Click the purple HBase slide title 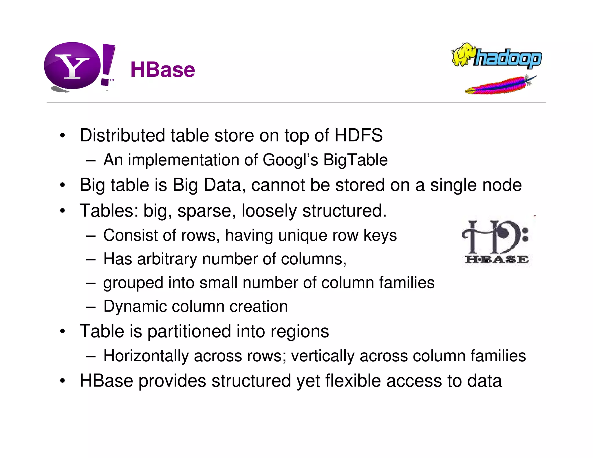pyautogui.click(x=163, y=70)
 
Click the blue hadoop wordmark pyautogui.click(x=507, y=58)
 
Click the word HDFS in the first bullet pyautogui.click(x=358, y=135)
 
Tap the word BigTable pyautogui.click(x=355, y=160)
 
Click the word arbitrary pyautogui.click(x=167, y=259)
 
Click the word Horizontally pyautogui.click(x=146, y=356)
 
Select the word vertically pyautogui.click(x=323, y=356)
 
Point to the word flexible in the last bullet pyautogui.click(x=353, y=381)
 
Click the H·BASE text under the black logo pyautogui.click(x=497, y=259)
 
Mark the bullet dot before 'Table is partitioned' pyautogui.click(x=63, y=331)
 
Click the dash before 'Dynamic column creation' pyautogui.click(x=91, y=307)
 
